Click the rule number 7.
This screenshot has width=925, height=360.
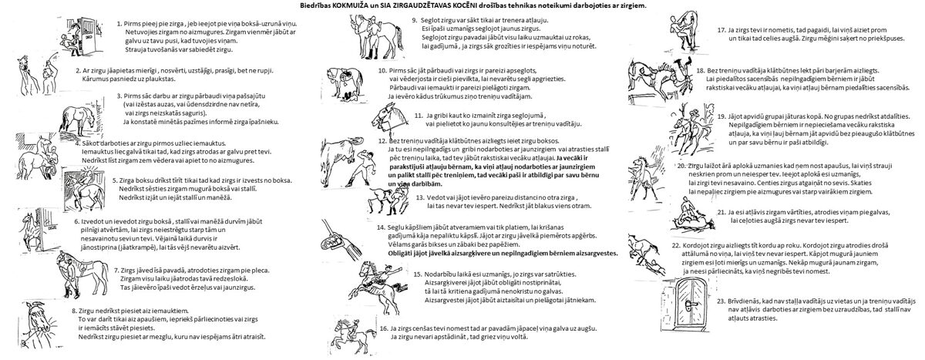click(x=114, y=271)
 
